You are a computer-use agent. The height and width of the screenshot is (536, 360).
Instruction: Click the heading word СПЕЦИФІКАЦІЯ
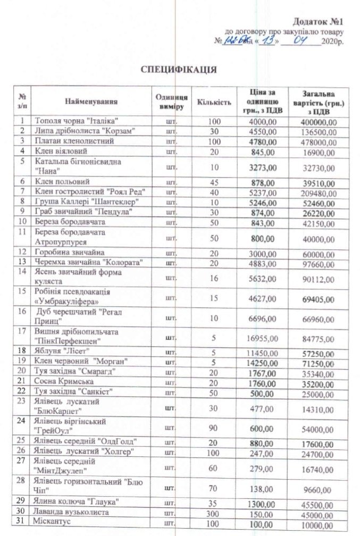178,70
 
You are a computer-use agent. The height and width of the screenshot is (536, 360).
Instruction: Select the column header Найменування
91,101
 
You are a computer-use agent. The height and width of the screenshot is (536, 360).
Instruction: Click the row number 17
23,331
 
